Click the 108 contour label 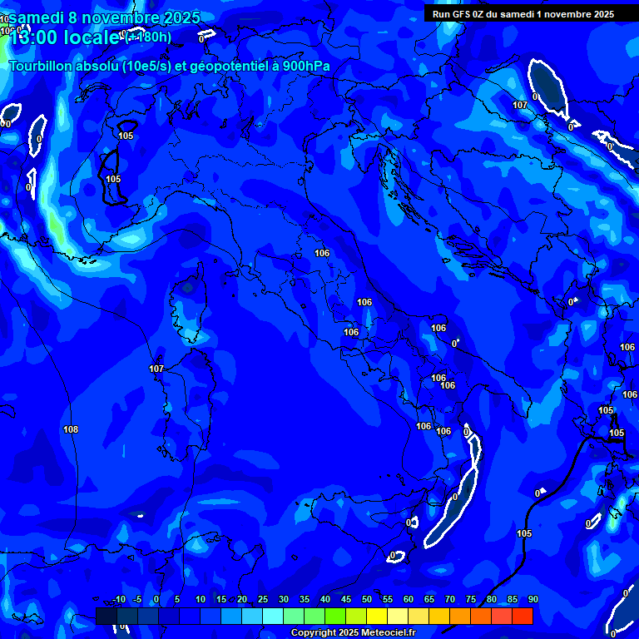pyautogui.click(x=71, y=429)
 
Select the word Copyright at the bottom pyautogui.click(x=314, y=633)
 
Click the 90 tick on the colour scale pyautogui.click(x=532, y=599)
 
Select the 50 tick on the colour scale pyautogui.click(x=367, y=599)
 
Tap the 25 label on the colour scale pyautogui.click(x=263, y=599)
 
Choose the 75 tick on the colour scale pyautogui.click(x=471, y=599)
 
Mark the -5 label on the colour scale pyautogui.click(x=137, y=599)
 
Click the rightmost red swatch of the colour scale pyautogui.click(x=523, y=616)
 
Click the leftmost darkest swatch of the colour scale pyautogui.click(x=106, y=616)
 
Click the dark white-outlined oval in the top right pyautogui.click(x=549, y=88)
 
